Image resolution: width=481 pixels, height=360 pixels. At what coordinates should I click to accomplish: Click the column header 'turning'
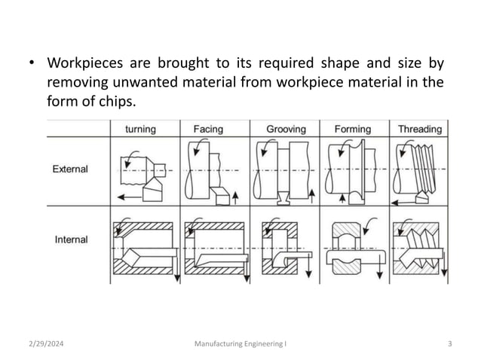[139, 129]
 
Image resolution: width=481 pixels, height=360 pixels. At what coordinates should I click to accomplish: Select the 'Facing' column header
[208, 129]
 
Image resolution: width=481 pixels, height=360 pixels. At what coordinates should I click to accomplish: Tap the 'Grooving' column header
[286, 129]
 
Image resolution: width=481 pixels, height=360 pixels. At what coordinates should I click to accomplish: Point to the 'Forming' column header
[352, 129]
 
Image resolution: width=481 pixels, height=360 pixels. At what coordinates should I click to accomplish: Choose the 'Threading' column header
[420, 129]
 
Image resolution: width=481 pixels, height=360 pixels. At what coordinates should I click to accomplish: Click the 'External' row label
[70, 169]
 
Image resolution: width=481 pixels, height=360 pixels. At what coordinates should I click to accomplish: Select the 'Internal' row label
[71, 239]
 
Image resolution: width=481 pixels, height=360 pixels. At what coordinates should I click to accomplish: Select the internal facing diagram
[213, 249]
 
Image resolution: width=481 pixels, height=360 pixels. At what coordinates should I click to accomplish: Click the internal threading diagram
[419, 249]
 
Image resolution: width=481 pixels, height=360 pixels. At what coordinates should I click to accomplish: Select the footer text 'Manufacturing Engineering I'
[240, 344]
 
